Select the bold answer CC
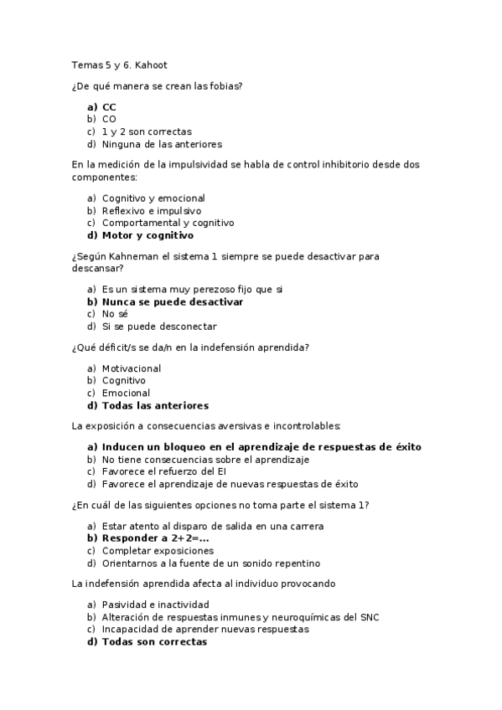109,107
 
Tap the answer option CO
109,120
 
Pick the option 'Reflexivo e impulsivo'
151,211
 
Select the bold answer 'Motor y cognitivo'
147,235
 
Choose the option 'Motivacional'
132,368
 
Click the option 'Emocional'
126,393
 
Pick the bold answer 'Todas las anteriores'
155,405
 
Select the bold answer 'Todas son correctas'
154,642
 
